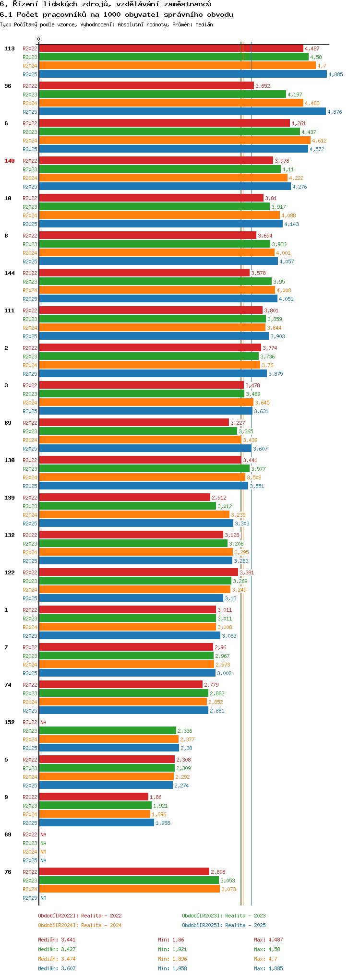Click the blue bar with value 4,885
(182, 74)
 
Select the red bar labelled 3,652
(146, 86)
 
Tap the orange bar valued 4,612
(175, 141)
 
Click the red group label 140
(10, 161)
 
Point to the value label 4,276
(300, 187)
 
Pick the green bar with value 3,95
(155, 282)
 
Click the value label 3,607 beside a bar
(260, 449)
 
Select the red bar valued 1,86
(94, 797)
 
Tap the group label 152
(10, 722)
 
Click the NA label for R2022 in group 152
(43, 722)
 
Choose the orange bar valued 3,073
(129, 889)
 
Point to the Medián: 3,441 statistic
(57, 940)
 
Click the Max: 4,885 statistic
(268, 968)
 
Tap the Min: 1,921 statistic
(172, 949)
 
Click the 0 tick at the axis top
(39, 39)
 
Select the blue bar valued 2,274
(106, 786)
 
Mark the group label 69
(8, 834)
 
